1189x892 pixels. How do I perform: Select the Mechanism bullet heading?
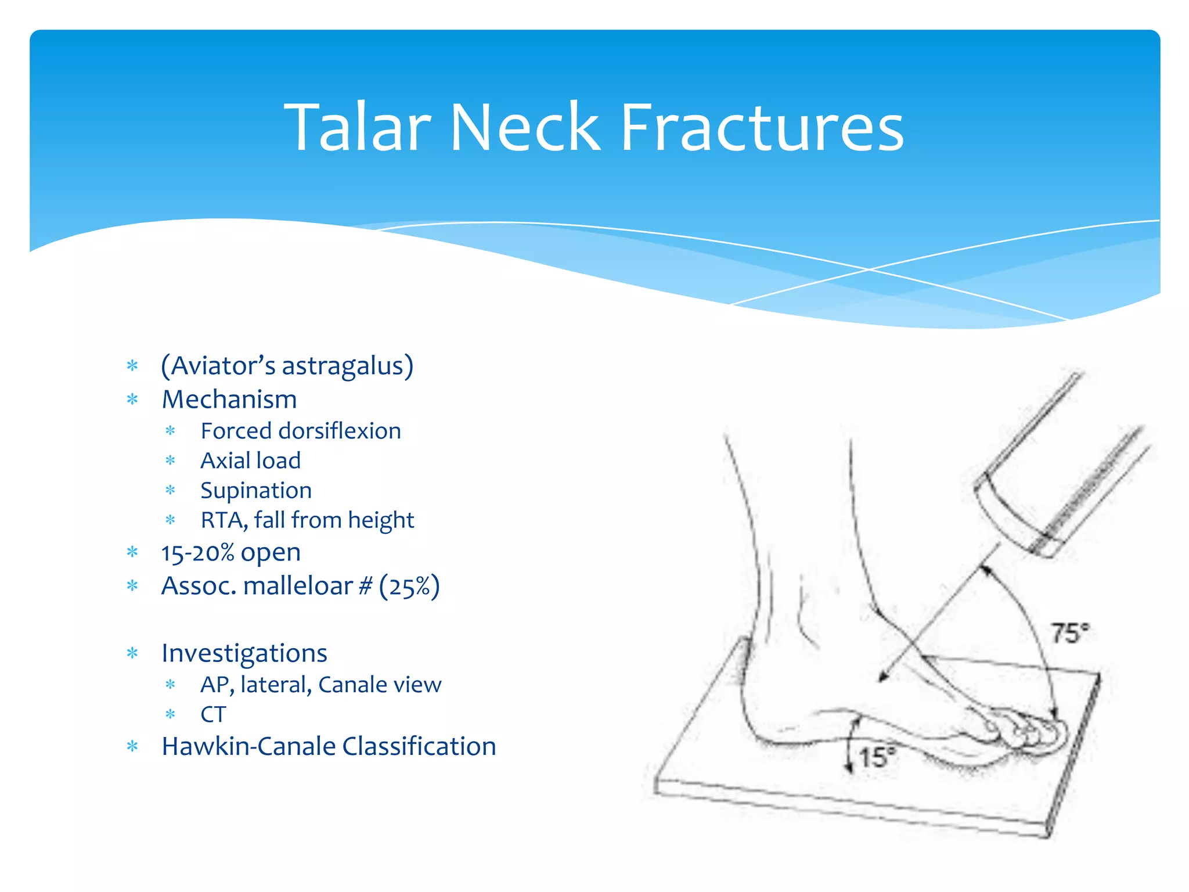229,400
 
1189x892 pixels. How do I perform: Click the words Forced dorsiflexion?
301,431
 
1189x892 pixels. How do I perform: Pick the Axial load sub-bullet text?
250,461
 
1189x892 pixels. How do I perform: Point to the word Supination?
256,491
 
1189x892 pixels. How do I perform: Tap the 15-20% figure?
197,553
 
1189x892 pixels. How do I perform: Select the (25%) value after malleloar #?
409,587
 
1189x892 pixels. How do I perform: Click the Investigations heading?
244,653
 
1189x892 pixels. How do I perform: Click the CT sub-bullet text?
212,715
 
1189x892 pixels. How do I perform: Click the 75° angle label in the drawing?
1069,633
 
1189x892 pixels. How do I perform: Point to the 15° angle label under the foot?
877,757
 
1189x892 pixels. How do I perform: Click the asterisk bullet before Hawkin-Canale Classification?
132,747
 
